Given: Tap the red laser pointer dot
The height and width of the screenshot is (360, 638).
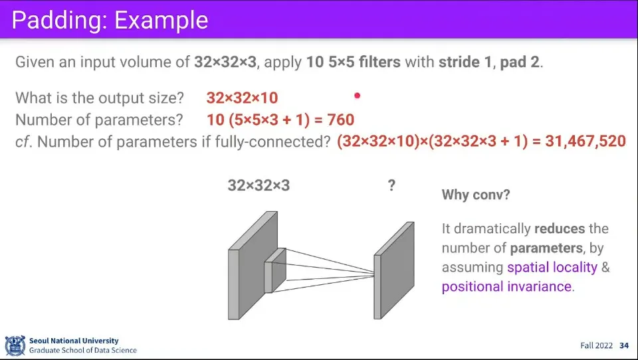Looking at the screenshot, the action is point(358,96).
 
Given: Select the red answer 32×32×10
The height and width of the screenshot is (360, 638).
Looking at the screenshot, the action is point(242,98).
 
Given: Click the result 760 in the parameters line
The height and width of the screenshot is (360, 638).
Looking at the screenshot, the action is point(340,120).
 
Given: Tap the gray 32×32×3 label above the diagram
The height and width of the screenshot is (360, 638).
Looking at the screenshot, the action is point(259,185).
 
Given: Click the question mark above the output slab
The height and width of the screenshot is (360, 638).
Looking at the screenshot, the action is point(391,185).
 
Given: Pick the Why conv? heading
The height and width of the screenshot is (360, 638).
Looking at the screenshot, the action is point(476,195).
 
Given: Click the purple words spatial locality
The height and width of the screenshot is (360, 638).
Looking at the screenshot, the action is point(552,267).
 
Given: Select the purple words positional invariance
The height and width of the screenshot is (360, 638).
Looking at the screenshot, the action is point(506,286).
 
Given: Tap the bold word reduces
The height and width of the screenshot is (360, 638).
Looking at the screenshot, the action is point(560,228).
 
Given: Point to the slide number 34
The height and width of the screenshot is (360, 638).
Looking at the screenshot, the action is point(624,345).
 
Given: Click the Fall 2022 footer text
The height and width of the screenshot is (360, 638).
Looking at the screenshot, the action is point(596,345).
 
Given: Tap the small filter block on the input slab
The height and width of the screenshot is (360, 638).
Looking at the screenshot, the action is point(275,270).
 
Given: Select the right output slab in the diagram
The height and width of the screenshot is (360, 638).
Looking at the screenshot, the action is point(394,270).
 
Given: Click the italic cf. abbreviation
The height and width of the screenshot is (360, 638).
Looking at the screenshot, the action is point(24,141).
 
